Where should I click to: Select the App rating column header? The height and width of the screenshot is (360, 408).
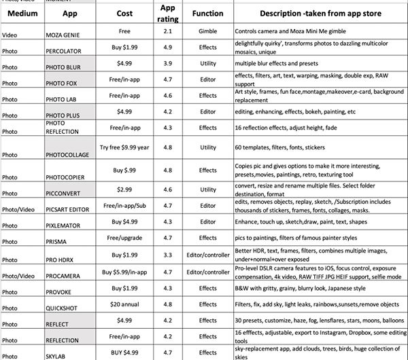pos(167,14)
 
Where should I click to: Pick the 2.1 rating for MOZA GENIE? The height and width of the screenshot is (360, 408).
pos(167,31)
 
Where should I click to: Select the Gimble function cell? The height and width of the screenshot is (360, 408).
pos(207,31)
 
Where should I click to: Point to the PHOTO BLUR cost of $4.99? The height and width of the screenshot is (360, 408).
pos(124,64)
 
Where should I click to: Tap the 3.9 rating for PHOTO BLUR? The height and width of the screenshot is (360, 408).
pos(167,64)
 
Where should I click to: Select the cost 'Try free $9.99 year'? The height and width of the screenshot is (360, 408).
pos(124,147)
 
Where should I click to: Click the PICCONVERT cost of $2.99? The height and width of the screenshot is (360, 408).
pos(124,190)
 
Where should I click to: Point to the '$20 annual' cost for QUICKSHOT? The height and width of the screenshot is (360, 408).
pos(124,304)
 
